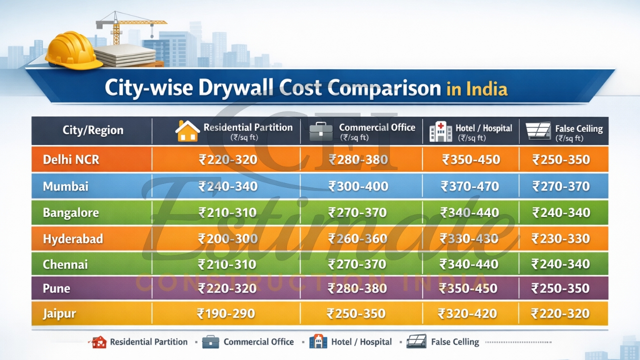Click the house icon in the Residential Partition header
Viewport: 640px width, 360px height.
tap(187, 131)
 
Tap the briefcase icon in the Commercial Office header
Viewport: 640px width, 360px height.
tap(321, 131)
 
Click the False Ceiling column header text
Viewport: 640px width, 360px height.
tap(578, 128)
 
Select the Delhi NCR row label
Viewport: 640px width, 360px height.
tap(71, 160)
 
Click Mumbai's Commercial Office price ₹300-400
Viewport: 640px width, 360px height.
tap(358, 186)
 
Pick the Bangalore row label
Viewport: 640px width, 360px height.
tap(70, 212)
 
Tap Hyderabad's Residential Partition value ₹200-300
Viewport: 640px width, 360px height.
tap(227, 239)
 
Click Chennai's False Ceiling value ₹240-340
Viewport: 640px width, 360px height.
tap(560, 264)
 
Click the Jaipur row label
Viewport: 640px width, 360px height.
tap(59, 314)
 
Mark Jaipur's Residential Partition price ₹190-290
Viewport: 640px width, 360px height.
tap(226, 314)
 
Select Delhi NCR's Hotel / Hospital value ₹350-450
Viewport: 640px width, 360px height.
tap(471, 160)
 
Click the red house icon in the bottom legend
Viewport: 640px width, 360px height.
tap(98, 342)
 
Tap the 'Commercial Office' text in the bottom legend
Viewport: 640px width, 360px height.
tap(258, 342)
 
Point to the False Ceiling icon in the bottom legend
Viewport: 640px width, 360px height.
tap(416, 341)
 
